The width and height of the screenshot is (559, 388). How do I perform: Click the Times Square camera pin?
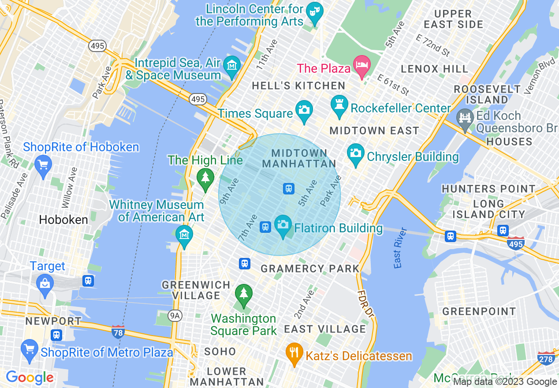point(304,108)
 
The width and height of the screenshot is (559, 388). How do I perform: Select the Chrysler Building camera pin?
point(356,154)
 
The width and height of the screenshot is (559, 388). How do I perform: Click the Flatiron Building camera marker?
point(283,225)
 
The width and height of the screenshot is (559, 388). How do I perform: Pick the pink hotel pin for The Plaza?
point(361,66)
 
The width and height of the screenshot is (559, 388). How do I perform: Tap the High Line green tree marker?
point(205,179)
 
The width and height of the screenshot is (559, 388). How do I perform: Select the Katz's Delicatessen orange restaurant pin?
point(294,353)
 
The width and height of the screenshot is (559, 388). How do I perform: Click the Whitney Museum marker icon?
point(184,235)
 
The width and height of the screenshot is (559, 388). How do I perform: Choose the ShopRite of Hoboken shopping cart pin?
point(43,166)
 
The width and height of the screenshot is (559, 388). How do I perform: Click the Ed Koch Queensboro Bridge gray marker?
point(465,119)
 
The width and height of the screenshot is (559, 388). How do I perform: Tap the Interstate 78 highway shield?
point(118,331)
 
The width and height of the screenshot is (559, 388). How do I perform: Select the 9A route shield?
point(175,315)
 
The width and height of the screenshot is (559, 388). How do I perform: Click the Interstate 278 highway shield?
point(546,359)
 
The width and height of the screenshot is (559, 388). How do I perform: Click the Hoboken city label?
point(63,220)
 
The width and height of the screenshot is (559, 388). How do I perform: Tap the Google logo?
point(30,377)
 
